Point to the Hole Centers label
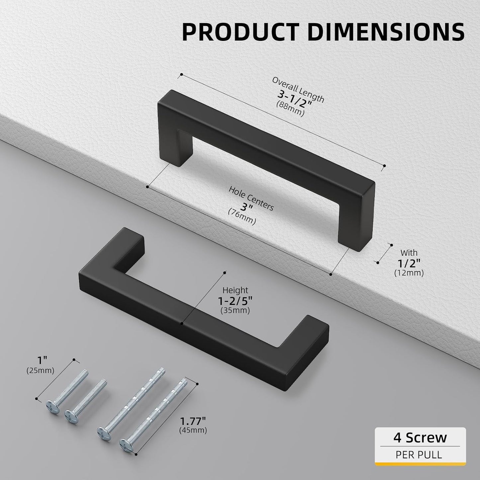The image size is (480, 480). [251, 198]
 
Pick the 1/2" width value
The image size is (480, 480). [409, 263]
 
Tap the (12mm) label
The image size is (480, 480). [409, 273]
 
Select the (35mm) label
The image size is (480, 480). [235, 311]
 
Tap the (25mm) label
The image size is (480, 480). [40, 371]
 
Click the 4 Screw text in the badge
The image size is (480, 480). [420, 437]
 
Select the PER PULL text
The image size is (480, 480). [419, 454]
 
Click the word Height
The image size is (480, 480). [235, 290]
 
